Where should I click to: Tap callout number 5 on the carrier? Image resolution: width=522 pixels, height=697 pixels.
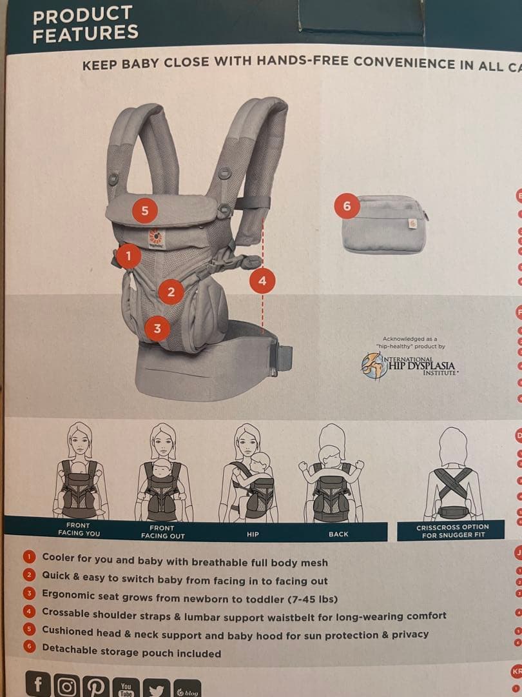(x=145, y=210)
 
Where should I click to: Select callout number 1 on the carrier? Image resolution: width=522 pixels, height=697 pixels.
(x=128, y=256)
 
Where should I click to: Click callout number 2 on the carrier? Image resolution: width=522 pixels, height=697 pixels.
(x=171, y=292)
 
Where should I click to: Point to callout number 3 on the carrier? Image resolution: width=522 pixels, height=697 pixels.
(x=157, y=328)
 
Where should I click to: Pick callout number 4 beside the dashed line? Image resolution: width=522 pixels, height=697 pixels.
(x=262, y=281)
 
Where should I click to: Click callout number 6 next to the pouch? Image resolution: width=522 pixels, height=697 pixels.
(x=347, y=206)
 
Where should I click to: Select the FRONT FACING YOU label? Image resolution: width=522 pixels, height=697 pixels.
(x=79, y=530)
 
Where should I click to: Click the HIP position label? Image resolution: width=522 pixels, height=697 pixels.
(x=252, y=534)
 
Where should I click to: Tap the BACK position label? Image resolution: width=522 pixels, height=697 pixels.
(x=338, y=534)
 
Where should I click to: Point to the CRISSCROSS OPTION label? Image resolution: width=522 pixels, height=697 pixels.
(x=452, y=531)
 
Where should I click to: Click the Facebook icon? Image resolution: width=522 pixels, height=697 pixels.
(x=39, y=684)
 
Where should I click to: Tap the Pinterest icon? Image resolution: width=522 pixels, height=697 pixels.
(x=97, y=686)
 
